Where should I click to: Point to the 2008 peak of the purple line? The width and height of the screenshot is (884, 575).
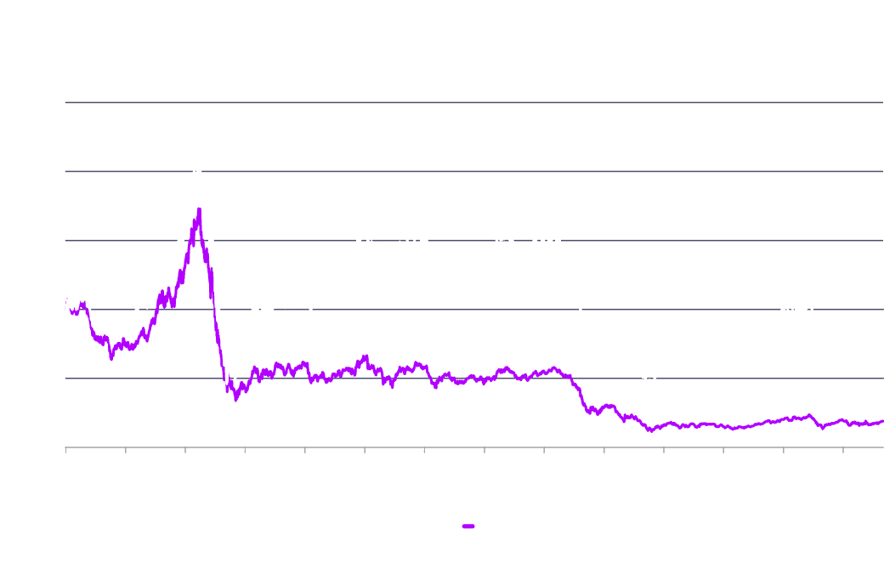(199, 208)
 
